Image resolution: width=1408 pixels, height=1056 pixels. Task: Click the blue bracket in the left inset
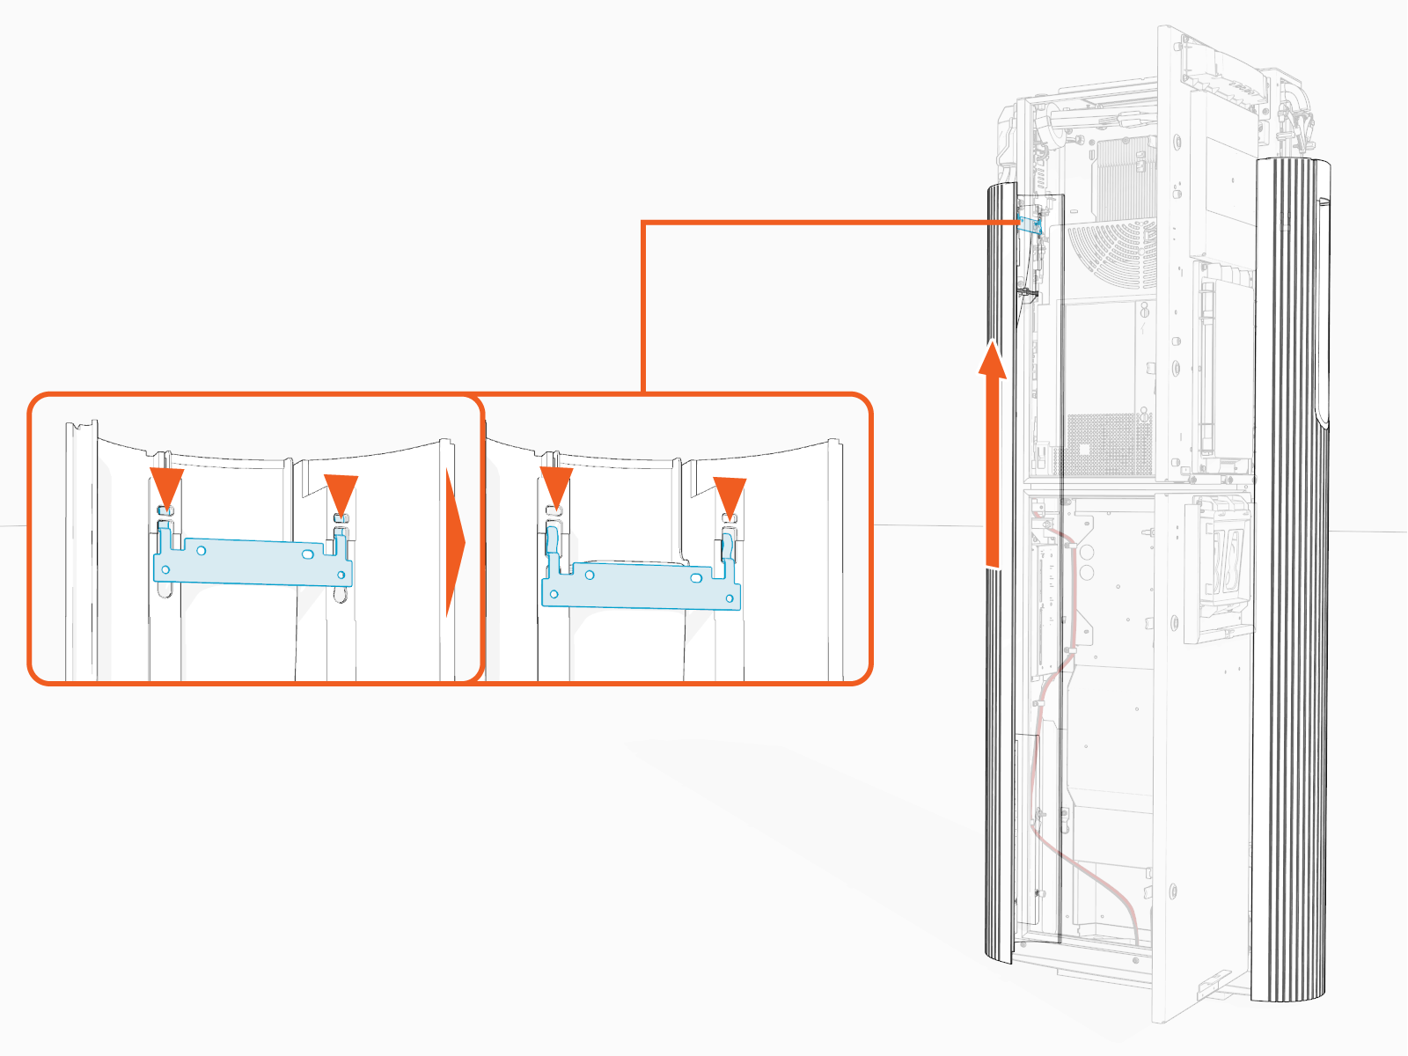coord(255,563)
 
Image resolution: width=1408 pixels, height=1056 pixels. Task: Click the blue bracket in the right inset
coord(642,588)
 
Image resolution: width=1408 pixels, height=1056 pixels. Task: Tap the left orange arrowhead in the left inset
coord(166,486)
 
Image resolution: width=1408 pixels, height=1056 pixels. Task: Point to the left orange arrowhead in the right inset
coord(556,486)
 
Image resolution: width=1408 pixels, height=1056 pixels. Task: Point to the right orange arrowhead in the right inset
coord(730,495)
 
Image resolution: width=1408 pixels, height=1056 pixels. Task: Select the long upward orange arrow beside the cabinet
coord(994,458)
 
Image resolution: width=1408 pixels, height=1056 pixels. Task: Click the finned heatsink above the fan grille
coord(1123,176)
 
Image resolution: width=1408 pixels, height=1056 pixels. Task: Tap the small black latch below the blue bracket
coord(1028,290)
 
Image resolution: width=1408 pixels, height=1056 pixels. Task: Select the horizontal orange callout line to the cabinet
coord(827,223)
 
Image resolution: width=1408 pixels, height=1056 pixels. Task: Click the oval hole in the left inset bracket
coord(307,554)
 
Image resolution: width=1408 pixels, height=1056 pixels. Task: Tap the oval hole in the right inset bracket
coord(696,578)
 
